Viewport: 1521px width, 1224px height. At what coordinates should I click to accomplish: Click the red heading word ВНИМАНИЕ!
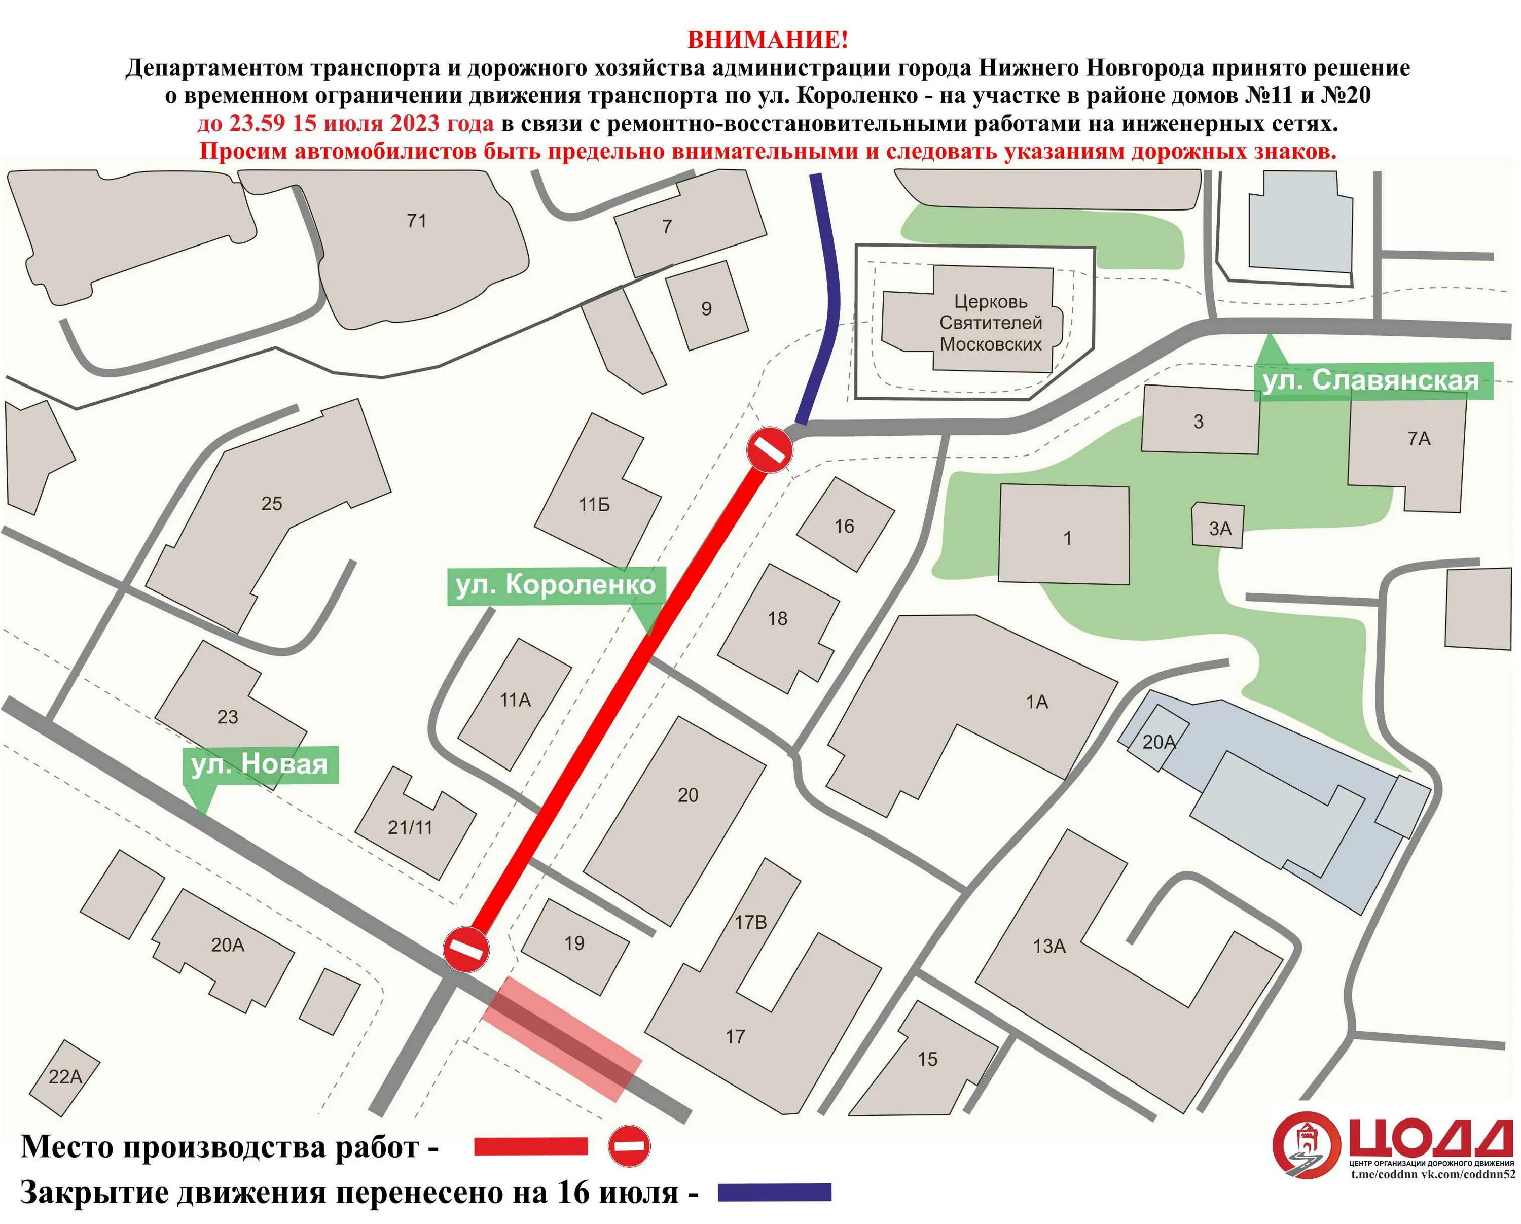pyautogui.click(x=768, y=40)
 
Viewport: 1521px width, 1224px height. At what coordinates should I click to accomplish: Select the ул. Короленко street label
pyautogui.click(x=555, y=585)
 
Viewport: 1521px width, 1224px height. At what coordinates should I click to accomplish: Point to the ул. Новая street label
pyautogui.click(x=260, y=764)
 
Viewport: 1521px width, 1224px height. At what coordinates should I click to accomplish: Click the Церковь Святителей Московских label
pyautogui.click(x=991, y=323)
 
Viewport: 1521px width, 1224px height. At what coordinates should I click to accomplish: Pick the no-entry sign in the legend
pyautogui.click(x=629, y=1146)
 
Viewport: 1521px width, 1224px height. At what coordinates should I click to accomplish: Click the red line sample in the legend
pyautogui.click(x=530, y=1146)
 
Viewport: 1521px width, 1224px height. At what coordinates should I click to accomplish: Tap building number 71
pyautogui.click(x=416, y=221)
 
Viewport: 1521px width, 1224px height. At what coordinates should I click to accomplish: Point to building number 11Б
pyautogui.click(x=594, y=505)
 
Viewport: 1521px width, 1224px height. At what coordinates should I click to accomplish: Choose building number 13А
pyautogui.click(x=1049, y=947)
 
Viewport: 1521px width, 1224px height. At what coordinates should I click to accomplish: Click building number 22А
pyautogui.click(x=65, y=1078)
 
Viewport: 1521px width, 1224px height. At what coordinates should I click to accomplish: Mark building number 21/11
pyautogui.click(x=410, y=827)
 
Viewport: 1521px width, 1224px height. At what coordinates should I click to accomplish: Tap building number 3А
pyautogui.click(x=1220, y=529)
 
